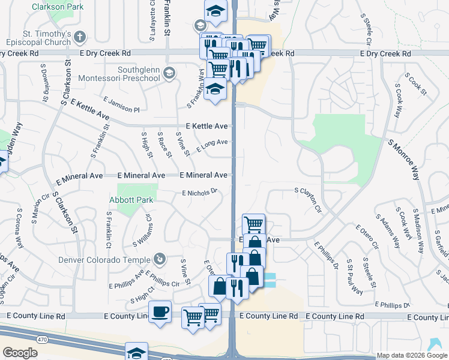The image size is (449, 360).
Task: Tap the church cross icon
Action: pos(79,37)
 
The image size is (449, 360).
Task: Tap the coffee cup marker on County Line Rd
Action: pos(160,313)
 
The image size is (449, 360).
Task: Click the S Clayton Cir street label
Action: pos(308,199)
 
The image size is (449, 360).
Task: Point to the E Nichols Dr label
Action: pos(199,193)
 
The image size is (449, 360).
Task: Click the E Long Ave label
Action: pos(211,145)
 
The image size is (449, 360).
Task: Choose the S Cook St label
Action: pos(415,85)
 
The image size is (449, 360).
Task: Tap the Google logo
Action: pos(20,353)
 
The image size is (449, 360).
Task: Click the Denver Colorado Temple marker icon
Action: pos(159,259)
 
